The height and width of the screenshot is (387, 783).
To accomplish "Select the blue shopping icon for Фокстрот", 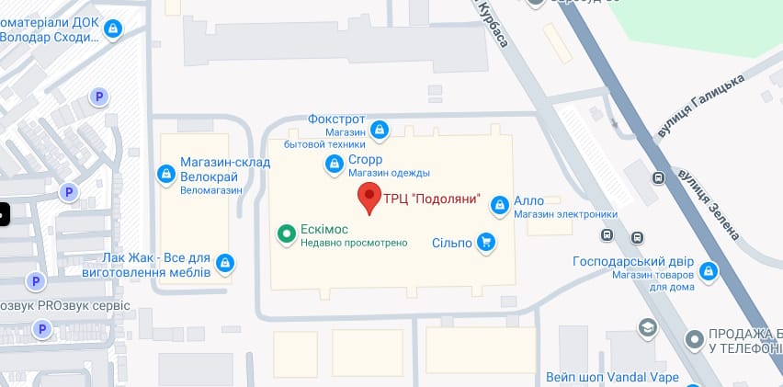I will click(379, 131).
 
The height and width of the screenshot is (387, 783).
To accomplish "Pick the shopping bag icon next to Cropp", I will click(335, 165).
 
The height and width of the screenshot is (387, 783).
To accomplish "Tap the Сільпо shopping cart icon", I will click(485, 243).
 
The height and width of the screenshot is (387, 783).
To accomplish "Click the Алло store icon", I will click(499, 204).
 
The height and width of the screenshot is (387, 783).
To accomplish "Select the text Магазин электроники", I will click(565, 215).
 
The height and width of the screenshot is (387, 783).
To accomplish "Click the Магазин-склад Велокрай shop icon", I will click(166, 172).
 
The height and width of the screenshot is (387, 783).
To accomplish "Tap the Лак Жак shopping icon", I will click(225, 265).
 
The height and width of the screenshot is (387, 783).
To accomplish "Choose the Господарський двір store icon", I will click(708, 271).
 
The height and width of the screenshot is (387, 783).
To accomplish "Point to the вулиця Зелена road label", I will click(709, 202).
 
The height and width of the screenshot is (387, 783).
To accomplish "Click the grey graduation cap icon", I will click(649, 327).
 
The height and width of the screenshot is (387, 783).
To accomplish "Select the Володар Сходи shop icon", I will click(112, 29).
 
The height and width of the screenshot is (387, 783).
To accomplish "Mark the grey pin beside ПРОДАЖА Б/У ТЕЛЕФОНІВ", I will click(696, 341).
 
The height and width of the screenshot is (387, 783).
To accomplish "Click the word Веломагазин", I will click(211, 189).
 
